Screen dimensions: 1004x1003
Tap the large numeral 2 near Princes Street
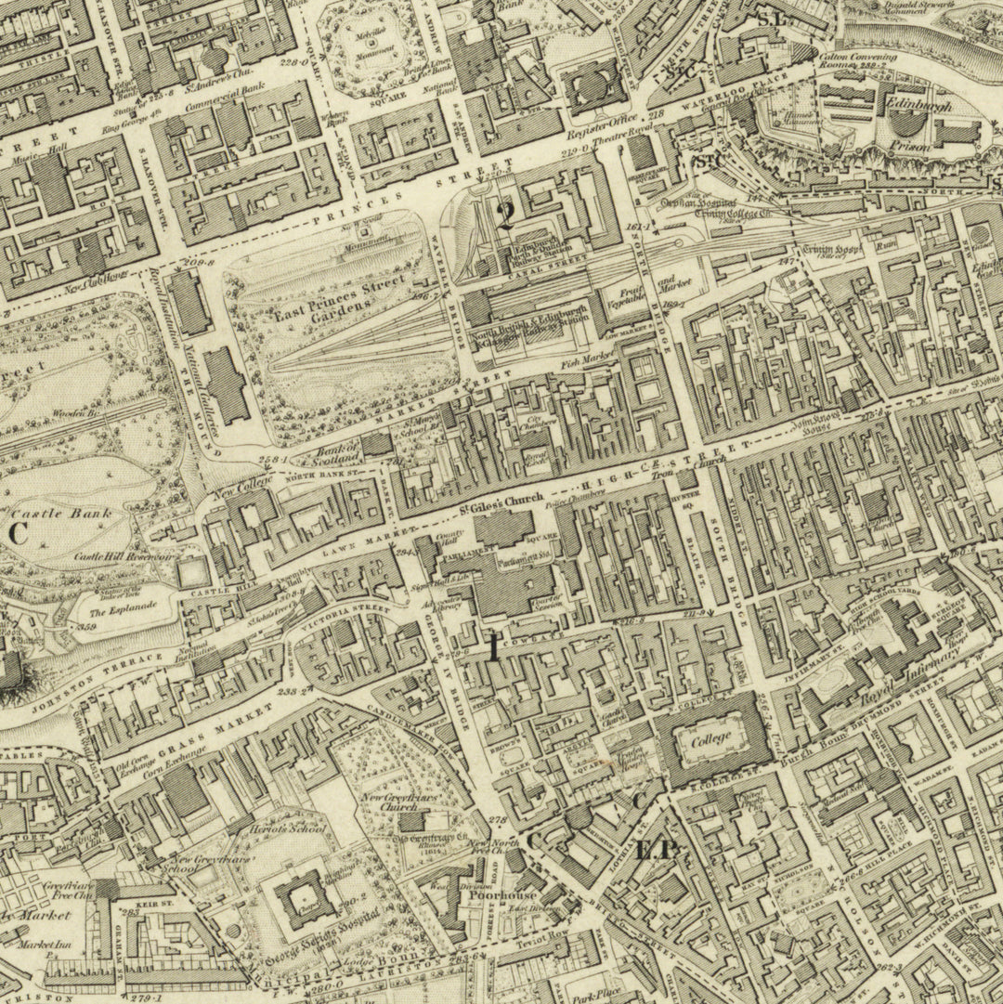click(505, 215)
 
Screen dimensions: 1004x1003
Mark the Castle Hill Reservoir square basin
click(193, 571)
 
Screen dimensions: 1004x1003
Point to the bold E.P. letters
click(658, 849)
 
